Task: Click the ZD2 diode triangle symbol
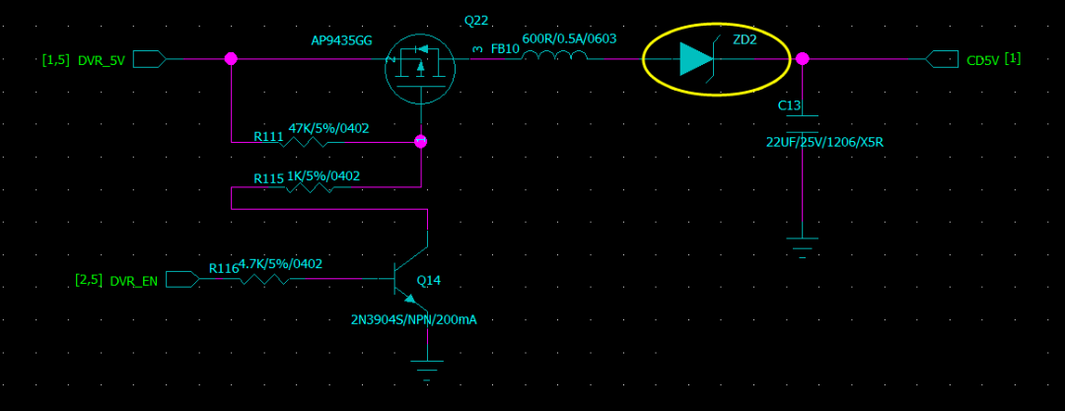[x=696, y=59]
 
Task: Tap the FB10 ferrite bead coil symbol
[x=554, y=57]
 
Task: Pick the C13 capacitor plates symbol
[x=803, y=124]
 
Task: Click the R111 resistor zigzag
[x=305, y=142]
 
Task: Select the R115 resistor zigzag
[x=308, y=187]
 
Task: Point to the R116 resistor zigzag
[x=264, y=279]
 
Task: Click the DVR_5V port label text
[x=102, y=60]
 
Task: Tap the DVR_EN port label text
[x=134, y=280]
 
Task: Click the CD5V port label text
[x=982, y=60]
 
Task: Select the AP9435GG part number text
[x=342, y=40]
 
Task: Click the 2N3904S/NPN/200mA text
[x=414, y=319]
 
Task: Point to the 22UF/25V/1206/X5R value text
[x=824, y=142]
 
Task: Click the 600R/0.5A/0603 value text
[x=569, y=38]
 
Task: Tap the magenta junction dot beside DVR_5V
[x=231, y=59]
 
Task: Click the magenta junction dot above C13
[x=803, y=59]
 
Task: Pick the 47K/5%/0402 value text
[x=328, y=129]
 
